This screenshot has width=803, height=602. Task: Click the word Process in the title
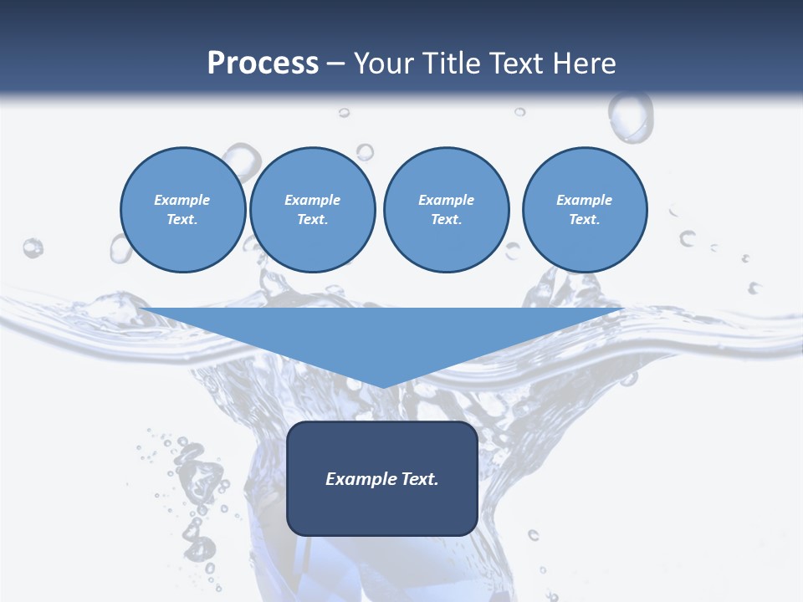coord(263,63)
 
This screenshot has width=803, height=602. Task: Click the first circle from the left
coord(182,210)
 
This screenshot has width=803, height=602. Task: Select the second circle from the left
coord(313,210)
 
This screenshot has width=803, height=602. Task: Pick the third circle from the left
coord(446,210)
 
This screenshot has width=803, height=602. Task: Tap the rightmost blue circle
coord(585,210)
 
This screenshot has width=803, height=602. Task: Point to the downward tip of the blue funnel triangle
coord(382,385)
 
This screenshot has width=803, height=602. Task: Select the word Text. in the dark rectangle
coord(419,479)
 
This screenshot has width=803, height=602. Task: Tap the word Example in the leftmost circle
coord(182,200)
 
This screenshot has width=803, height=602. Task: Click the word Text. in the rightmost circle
coord(585,220)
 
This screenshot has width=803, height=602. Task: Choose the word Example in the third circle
coord(446,200)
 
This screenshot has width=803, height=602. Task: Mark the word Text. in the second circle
coord(313,220)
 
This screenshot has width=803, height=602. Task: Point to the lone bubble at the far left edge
coord(33,247)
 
